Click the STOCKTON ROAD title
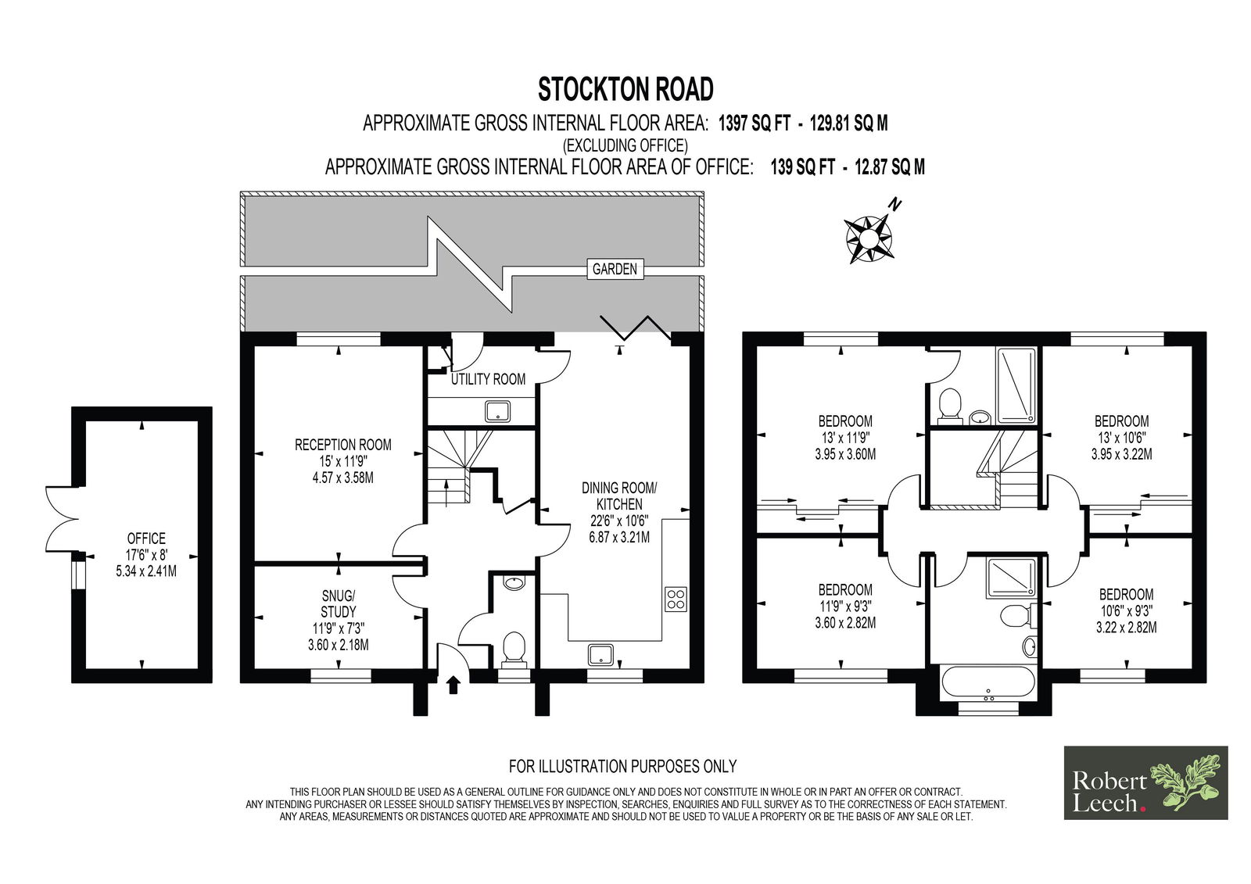(x=625, y=89)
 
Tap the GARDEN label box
(x=615, y=269)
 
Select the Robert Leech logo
(x=1145, y=783)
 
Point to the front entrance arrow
(x=453, y=685)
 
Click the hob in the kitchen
(x=676, y=599)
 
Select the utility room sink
(x=497, y=411)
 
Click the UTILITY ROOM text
(x=488, y=380)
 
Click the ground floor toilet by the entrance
(x=514, y=650)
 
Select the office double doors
(x=62, y=519)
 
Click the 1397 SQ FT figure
(x=754, y=123)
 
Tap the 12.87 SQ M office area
(x=890, y=167)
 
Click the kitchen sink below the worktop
(x=600, y=654)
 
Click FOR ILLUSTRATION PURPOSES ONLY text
(x=622, y=766)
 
